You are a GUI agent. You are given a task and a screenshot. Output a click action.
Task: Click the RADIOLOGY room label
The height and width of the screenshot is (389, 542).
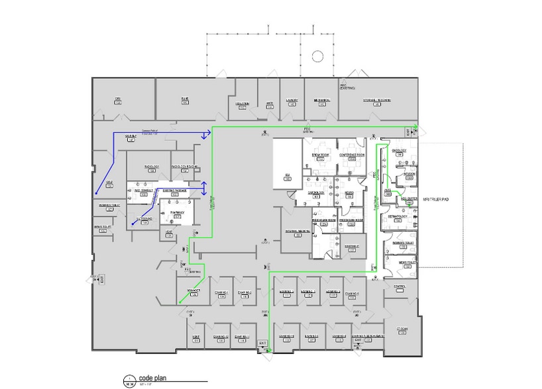tap(152, 167)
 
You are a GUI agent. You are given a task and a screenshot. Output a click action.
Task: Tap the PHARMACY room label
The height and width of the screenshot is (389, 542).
tap(177, 212)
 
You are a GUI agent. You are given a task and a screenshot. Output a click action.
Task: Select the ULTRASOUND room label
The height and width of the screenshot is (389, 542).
tap(144, 218)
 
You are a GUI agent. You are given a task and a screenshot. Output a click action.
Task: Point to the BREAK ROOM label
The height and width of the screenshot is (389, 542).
tap(321, 155)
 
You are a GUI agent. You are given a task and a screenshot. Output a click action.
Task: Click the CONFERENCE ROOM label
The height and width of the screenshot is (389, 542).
tap(352, 155)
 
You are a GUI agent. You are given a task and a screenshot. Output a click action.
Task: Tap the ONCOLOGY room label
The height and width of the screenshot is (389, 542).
tap(399, 150)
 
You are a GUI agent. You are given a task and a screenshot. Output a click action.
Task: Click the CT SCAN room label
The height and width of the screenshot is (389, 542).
tap(402, 329)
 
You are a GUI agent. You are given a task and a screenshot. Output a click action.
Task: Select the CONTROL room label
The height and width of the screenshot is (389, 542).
tap(399, 286)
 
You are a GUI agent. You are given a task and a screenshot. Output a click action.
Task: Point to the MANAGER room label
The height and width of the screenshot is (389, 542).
tap(193, 290)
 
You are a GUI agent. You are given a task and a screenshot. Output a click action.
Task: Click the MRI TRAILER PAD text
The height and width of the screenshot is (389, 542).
tap(436, 198)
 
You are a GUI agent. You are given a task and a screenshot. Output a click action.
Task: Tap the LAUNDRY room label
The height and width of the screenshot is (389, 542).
tap(292, 101)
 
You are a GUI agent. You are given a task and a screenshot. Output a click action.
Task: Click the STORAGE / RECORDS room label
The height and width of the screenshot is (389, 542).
tap(376, 101)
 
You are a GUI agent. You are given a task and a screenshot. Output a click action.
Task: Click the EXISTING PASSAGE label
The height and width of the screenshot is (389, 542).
tap(175, 191)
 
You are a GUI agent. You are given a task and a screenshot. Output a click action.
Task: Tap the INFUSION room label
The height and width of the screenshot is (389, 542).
tap(408, 174)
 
